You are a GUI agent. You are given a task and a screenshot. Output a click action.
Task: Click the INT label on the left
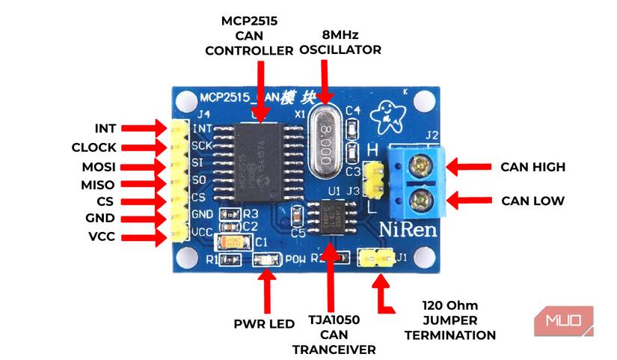[x=105, y=128]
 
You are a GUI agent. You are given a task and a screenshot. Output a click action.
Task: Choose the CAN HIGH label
[x=532, y=166]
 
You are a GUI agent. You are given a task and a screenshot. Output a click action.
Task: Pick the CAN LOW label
[x=532, y=201]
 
